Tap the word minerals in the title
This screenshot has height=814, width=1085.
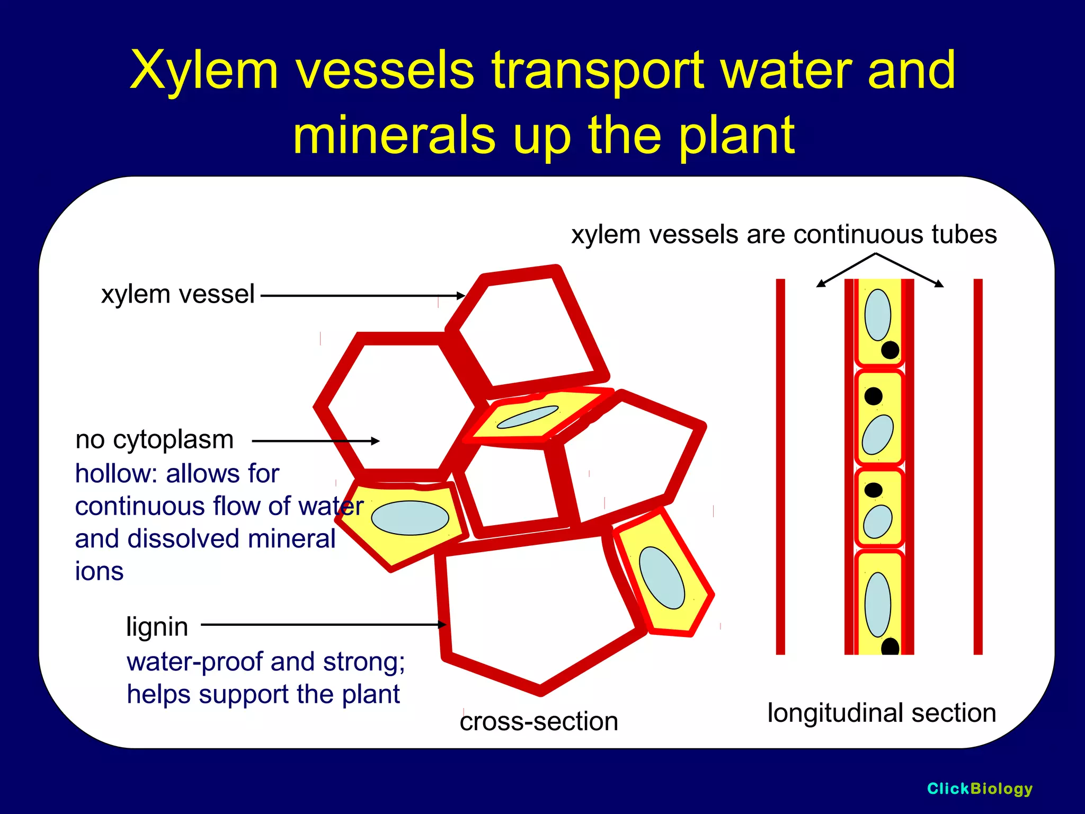394,136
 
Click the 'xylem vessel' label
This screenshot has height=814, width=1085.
178,294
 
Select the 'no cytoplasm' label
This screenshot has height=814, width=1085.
154,439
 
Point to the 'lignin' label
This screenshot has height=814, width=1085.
157,626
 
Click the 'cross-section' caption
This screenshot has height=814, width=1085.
539,721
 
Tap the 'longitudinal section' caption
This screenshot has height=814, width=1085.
882,713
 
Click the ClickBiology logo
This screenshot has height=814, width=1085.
980,789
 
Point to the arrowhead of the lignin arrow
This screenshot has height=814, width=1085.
442,625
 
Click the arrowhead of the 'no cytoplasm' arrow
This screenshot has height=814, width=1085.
376,441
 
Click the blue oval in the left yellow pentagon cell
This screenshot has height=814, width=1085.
410,518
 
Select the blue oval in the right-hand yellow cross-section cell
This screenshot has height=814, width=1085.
662,578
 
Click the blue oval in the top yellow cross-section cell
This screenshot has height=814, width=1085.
528,417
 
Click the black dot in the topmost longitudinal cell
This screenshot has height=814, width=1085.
890,350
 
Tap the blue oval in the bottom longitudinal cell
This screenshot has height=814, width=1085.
878,605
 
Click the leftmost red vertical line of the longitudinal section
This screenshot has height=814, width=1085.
780,466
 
